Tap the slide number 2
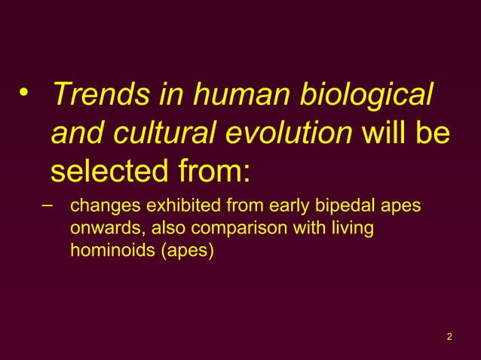click(449, 336)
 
